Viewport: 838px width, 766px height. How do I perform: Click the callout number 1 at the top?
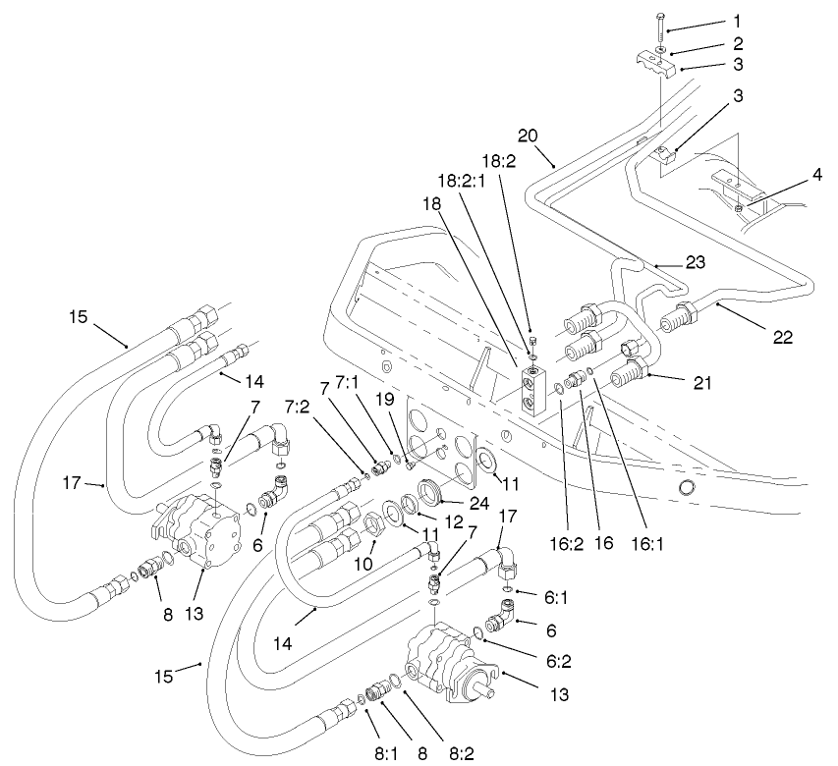(x=738, y=20)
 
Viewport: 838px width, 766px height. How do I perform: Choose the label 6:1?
(x=552, y=594)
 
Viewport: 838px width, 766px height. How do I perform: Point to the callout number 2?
(x=738, y=44)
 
